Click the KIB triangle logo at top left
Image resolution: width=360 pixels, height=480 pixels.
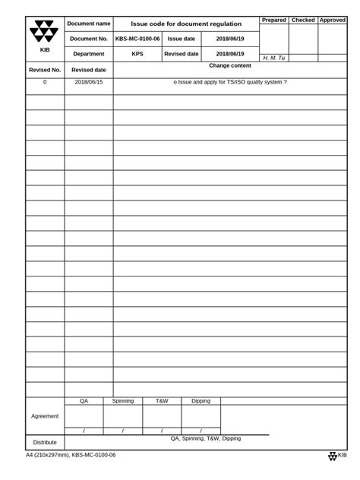pos(44,33)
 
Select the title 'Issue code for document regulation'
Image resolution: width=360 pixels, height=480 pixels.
pos(186,24)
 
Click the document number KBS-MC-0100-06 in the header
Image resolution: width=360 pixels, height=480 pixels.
pos(137,39)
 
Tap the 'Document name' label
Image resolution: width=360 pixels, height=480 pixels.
pos(89,24)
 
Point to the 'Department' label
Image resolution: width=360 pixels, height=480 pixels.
pos(89,54)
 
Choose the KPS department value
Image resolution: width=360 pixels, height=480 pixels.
pos(137,54)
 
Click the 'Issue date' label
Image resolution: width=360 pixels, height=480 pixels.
pos(182,39)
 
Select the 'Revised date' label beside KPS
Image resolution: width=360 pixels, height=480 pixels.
pos(182,54)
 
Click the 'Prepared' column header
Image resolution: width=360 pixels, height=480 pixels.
pos(273,21)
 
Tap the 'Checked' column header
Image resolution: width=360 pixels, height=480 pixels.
pos(303,21)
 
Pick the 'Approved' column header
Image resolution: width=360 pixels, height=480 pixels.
pos(332,21)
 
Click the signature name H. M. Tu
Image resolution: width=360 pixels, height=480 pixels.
pos(273,58)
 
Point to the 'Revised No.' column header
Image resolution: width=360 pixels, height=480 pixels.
pos(44,70)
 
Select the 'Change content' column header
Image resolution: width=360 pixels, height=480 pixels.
pos(230,66)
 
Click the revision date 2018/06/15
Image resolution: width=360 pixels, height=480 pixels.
pos(89,82)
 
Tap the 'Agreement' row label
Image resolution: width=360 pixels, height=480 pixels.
pos(45,416)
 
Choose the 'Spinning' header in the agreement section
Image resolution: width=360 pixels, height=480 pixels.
pos(123,400)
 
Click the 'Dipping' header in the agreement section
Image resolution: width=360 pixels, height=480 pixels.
pos(201,400)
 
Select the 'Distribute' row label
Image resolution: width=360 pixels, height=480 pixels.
pos(45,442)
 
